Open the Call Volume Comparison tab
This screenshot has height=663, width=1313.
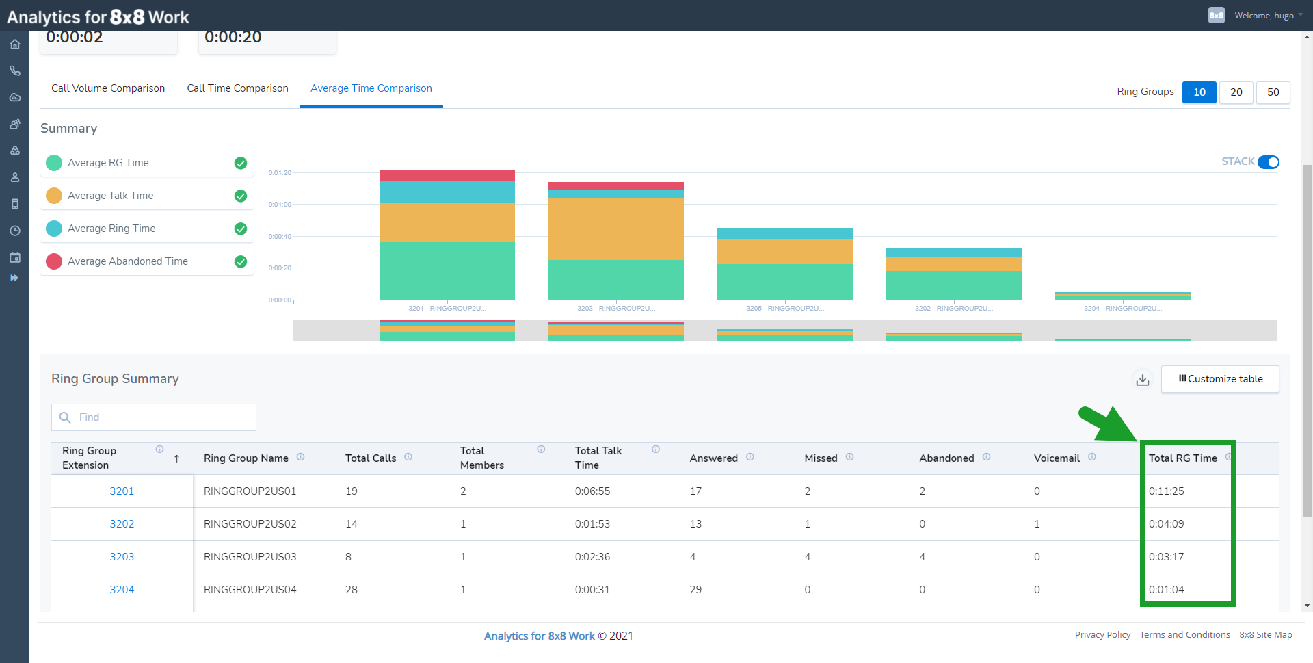point(108,88)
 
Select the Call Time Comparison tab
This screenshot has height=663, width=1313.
point(237,88)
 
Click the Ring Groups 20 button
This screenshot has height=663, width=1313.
point(1236,92)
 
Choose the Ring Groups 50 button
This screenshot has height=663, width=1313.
point(1273,92)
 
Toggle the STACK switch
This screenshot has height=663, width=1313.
point(1268,162)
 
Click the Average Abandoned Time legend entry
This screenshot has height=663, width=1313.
point(128,261)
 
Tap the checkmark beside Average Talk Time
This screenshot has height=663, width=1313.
point(241,196)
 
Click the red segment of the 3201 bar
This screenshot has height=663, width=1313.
point(447,175)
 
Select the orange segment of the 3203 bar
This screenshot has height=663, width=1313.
point(615,229)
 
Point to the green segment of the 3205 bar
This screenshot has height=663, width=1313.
point(784,281)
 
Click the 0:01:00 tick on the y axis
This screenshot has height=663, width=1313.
point(280,205)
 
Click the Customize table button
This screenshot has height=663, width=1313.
point(1220,379)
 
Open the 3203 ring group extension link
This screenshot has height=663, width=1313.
point(122,557)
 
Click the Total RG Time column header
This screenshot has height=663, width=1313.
point(1182,458)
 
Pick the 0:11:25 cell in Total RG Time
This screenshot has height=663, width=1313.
point(1166,491)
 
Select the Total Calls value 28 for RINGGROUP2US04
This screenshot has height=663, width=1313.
point(352,590)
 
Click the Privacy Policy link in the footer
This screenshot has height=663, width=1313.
point(1102,635)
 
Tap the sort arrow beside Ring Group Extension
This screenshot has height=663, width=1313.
point(176,458)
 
